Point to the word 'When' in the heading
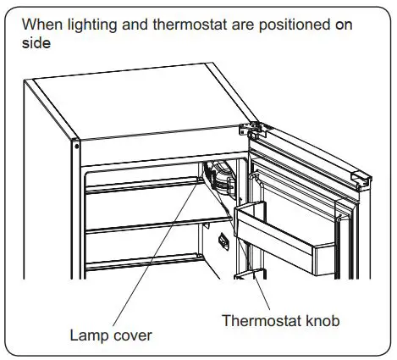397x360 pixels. pyautogui.click(x=38, y=25)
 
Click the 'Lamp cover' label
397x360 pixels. pyautogui.click(x=111, y=335)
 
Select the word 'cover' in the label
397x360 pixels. pyautogui.click(x=132, y=335)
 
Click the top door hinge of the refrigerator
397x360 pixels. pyautogui.click(x=251, y=129)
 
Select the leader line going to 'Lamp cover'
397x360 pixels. pyautogui.click(x=161, y=254)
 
